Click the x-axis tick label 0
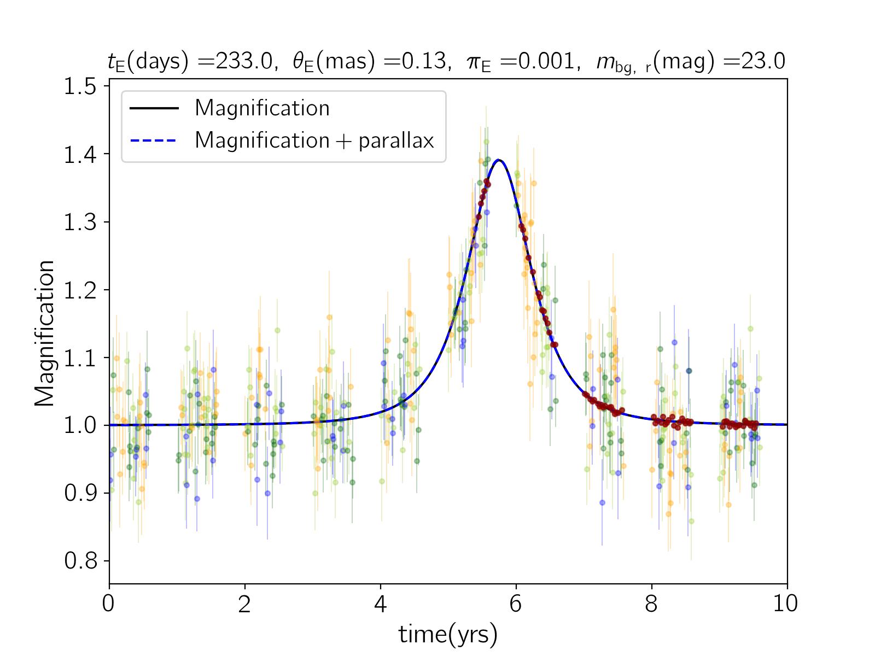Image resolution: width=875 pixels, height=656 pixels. click(109, 604)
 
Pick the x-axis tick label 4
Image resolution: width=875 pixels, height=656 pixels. click(381, 604)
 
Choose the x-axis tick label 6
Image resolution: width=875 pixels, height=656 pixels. click(516, 604)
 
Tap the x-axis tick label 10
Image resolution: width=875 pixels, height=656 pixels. click(787, 604)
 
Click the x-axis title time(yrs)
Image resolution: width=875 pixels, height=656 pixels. click(448, 634)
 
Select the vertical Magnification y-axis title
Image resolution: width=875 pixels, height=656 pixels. click(45, 333)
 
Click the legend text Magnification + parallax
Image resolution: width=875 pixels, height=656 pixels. click(314, 140)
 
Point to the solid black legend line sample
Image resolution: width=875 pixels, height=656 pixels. click(154, 108)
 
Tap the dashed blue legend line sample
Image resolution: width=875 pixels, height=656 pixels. click(154, 140)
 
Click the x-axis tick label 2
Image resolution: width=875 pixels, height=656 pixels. click(245, 604)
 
